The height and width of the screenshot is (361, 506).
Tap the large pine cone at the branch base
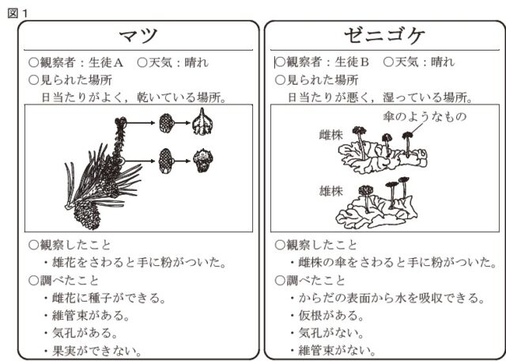coord(86,212)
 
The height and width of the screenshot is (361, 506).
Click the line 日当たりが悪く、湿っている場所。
coord(380,97)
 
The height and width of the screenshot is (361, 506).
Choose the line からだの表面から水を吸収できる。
coord(391,298)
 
